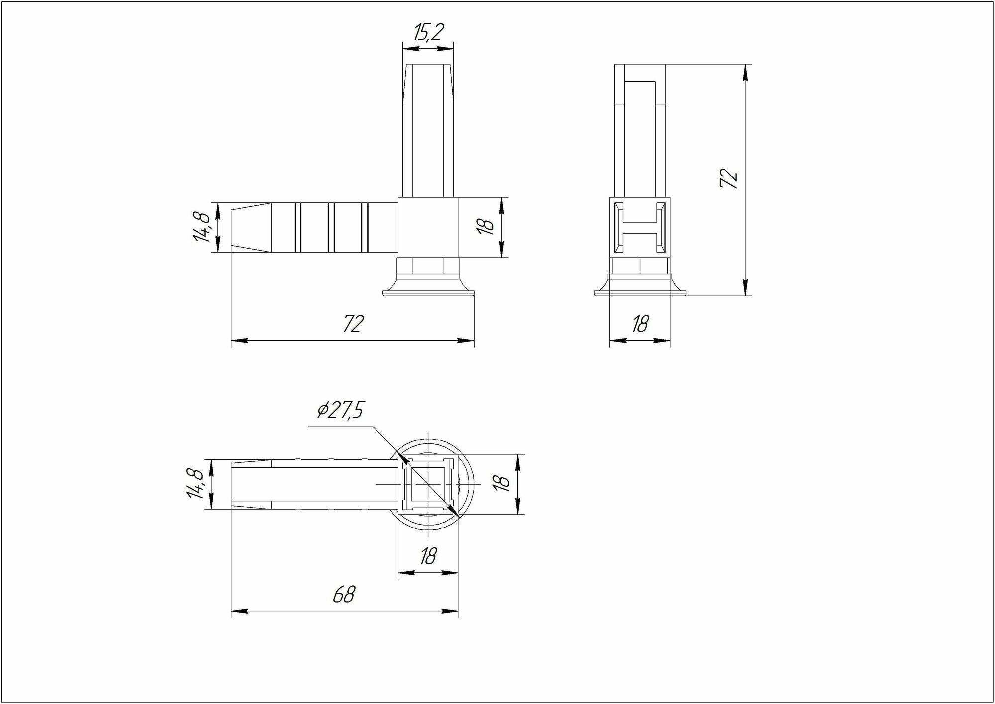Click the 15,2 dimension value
point(428,32)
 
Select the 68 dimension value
point(344,594)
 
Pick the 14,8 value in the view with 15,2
point(201,227)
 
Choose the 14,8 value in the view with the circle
point(195,484)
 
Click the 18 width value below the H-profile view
point(640,324)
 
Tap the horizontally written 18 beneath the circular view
point(428,556)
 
